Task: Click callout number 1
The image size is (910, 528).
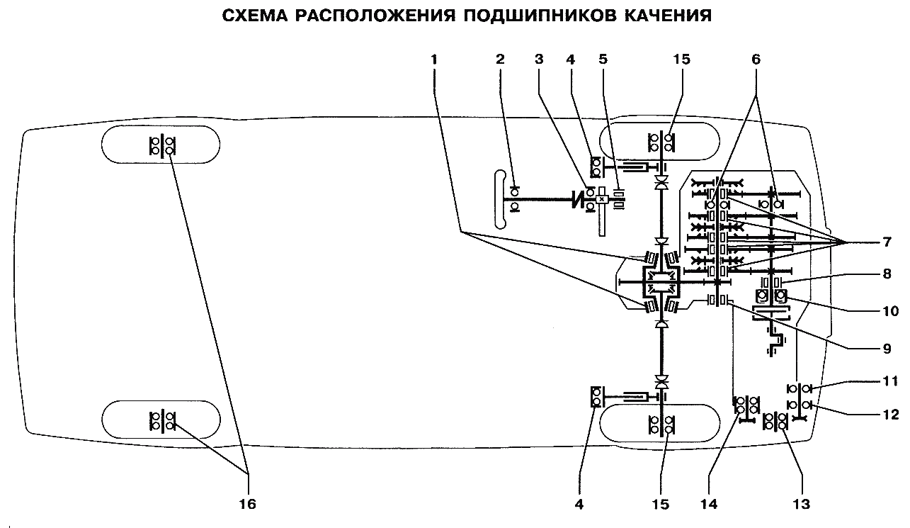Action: coord(433,60)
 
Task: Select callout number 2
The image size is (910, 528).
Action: coord(500,60)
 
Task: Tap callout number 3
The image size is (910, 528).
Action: coord(538,60)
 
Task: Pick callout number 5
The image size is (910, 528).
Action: coord(603,60)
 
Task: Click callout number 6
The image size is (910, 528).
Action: coord(755,60)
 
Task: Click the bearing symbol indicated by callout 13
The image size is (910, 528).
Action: coord(776,422)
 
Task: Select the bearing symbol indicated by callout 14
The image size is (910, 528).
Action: coord(744,405)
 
